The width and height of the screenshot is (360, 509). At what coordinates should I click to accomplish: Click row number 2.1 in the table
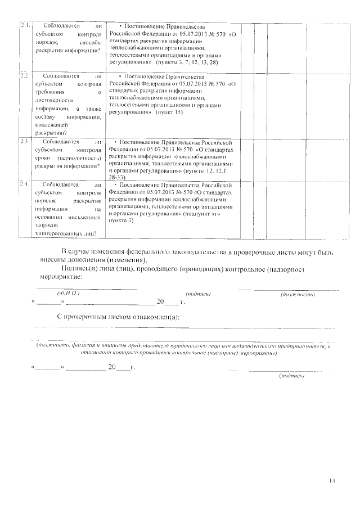tap(25, 26)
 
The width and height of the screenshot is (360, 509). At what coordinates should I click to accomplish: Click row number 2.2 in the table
tap(25, 75)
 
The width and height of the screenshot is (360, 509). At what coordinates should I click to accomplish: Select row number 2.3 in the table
tap(25, 142)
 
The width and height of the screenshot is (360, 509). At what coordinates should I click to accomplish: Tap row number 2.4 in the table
tap(25, 184)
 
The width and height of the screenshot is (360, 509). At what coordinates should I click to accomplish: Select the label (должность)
tap(297, 294)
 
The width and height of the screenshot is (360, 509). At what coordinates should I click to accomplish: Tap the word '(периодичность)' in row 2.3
tap(75, 159)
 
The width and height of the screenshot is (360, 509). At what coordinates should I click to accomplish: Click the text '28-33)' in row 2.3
tap(120, 177)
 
